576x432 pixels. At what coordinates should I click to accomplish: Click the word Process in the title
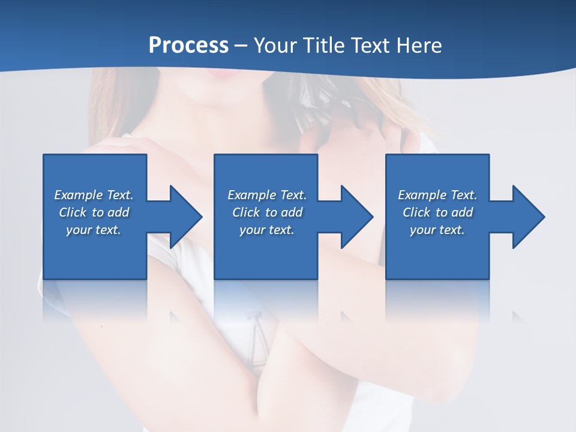pos(188,46)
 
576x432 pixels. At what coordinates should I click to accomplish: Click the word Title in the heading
pos(325,46)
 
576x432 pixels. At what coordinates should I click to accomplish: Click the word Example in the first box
pos(79,195)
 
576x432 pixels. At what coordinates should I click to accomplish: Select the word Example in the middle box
pos(252,195)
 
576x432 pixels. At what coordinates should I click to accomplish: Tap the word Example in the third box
pos(422,195)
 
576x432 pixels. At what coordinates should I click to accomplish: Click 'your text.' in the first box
pos(94,230)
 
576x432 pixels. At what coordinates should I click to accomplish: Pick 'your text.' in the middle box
pos(266,230)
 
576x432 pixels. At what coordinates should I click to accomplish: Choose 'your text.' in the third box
pos(437,230)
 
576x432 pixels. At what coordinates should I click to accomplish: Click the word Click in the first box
pos(72,212)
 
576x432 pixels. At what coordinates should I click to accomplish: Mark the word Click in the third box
pos(416,212)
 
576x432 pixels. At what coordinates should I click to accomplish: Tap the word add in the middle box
pos(291,212)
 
